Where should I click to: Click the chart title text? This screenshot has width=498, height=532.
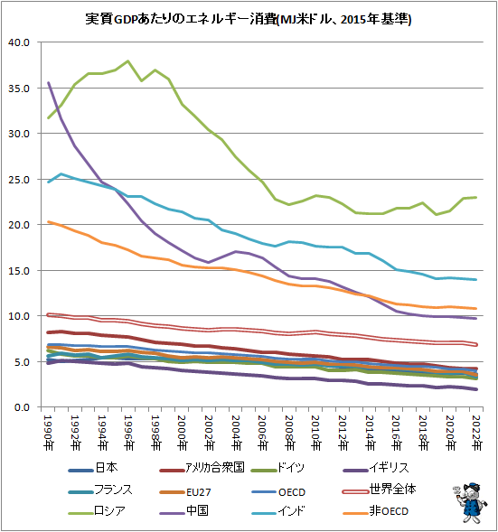(x=249, y=18)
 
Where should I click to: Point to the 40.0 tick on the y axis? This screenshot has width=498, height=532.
(x=19, y=42)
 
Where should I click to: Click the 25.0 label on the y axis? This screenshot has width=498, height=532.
(x=19, y=180)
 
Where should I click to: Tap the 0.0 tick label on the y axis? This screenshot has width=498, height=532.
(x=22, y=407)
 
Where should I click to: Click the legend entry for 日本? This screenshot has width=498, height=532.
(x=106, y=468)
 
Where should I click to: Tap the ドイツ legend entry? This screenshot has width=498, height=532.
(x=293, y=468)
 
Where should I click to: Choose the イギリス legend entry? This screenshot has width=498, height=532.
(x=390, y=468)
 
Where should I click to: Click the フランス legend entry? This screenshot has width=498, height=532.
(x=113, y=490)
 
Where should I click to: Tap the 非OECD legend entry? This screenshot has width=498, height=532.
(x=390, y=512)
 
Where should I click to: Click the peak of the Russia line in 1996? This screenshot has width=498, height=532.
(x=128, y=61)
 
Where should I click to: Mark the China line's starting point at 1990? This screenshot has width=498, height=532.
(x=49, y=83)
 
